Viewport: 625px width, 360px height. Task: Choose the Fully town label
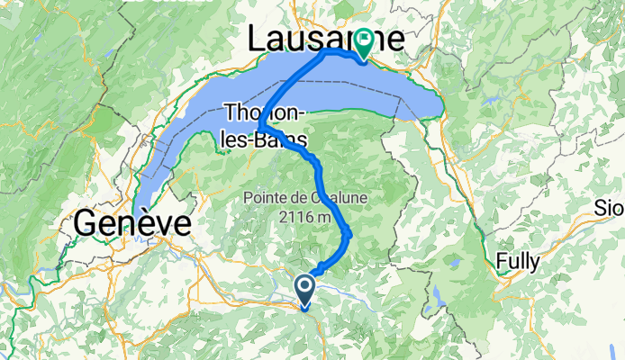518,262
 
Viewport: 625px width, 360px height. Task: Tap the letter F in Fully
501,262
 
